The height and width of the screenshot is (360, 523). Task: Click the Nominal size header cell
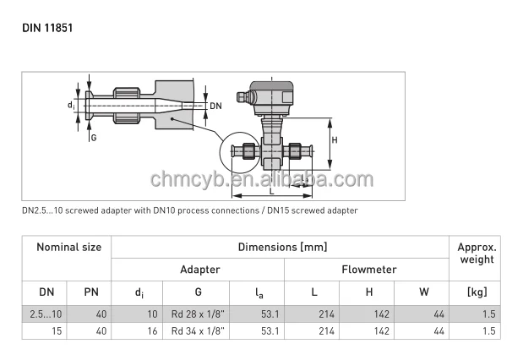pos(68,248)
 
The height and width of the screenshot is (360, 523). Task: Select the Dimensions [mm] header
pos(282,248)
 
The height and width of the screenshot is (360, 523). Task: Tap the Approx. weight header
pos(476,254)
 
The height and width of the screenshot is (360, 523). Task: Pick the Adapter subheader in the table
pos(199,270)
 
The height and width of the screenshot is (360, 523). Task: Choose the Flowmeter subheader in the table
pos(368,270)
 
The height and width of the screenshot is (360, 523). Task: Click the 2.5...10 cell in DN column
pos(46,314)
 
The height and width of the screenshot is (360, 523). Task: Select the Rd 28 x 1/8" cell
pos(199,314)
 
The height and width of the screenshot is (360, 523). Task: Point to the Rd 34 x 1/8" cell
pos(199,331)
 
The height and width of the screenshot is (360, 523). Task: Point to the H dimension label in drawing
pos(334,139)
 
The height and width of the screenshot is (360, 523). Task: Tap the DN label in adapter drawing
pos(215,106)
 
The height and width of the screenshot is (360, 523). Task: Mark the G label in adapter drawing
pos(94,136)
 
